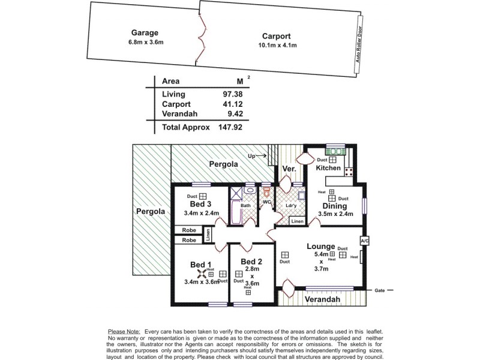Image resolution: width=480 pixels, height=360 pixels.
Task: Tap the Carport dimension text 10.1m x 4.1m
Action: click(x=277, y=45)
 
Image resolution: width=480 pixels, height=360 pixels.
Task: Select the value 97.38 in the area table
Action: click(x=219, y=94)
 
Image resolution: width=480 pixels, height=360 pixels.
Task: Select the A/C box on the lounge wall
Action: click(x=364, y=240)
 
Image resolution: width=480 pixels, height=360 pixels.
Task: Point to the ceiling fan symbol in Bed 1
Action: click(x=202, y=275)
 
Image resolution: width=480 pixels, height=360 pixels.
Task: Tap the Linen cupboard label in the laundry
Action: click(x=297, y=221)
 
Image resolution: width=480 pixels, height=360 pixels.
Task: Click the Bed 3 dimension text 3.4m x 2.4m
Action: click(x=202, y=213)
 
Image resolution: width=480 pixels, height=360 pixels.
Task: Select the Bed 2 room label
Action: click(x=251, y=262)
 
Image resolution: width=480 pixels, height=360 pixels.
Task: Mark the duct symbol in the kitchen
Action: click(x=332, y=160)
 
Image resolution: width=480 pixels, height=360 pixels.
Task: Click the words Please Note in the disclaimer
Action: click(x=124, y=331)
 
